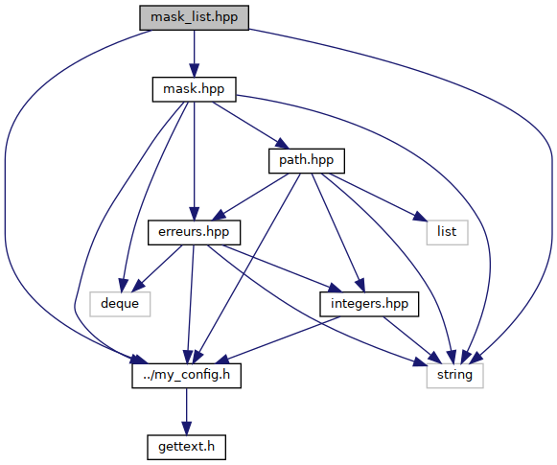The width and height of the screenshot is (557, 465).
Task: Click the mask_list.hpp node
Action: [194, 17]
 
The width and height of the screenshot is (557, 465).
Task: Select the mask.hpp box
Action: [194, 89]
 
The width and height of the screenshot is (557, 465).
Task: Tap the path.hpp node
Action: [307, 161]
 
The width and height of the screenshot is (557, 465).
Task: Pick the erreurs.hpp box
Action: [194, 233]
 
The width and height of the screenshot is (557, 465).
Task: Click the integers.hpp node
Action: [369, 304]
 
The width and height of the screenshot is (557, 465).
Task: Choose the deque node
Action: [120, 304]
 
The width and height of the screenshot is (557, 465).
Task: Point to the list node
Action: [447, 233]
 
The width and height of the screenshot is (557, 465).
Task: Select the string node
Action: [454, 376]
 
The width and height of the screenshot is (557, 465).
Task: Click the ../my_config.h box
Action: [187, 376]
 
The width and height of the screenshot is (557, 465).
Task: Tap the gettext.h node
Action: [187, 447]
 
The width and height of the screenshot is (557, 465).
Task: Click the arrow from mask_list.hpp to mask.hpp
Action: [194, 54]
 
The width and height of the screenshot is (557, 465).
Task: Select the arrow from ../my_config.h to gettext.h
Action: [187, 411]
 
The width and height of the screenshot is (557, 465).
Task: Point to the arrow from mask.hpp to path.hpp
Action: [250, 125]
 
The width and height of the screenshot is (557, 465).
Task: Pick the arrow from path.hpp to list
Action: [377, 197]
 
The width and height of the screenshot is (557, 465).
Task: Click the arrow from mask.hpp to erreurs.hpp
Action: [194, 161]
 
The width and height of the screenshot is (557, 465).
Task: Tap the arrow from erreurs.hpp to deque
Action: [157, 268]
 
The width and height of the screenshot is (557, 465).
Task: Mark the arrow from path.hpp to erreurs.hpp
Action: [251, 197]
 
